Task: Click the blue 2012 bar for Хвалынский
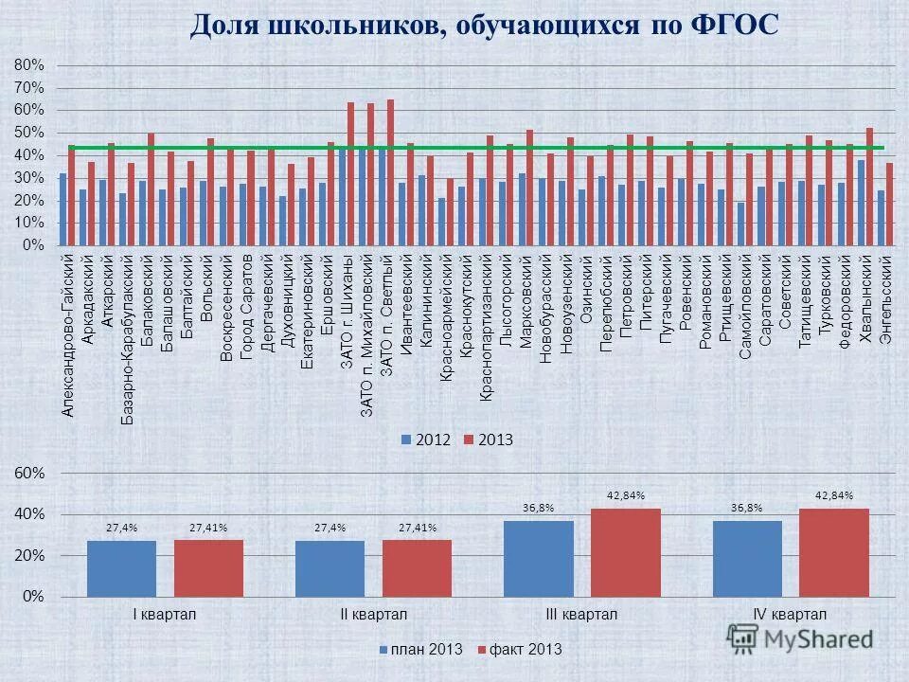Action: tap(861, 203)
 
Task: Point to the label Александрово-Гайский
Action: tap(67, 336)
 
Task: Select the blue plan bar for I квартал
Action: tap(121, 568)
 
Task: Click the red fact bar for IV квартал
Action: tap(833, 552)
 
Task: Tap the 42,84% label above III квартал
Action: tap(625, 495)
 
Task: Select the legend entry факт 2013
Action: tap(519, 649)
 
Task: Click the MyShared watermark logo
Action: tap(800, 638)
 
